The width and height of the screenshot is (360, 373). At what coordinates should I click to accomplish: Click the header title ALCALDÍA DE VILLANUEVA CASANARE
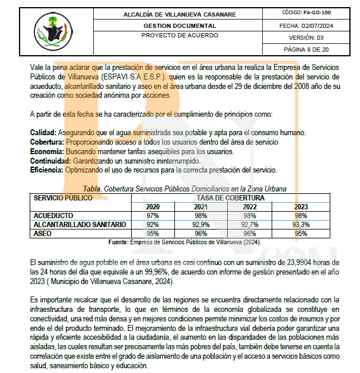[180, 14]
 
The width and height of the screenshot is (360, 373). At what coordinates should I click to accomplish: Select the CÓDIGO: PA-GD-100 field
[306, 12]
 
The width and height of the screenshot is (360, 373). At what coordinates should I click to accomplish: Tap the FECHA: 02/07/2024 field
[306, 25]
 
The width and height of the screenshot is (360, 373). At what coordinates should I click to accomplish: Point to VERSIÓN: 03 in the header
[306, 37]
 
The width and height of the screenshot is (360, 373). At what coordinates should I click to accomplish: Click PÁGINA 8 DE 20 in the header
[306, 49]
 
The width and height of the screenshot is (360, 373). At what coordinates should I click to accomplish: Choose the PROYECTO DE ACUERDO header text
[180, 36]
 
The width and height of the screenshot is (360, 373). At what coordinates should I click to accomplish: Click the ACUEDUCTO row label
[54, 215]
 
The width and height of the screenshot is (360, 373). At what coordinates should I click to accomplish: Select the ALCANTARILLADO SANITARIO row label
[80, 225]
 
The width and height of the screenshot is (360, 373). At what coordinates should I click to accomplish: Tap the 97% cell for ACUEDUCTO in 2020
[152, 215]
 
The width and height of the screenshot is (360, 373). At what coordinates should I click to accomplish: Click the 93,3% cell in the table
[301, 225]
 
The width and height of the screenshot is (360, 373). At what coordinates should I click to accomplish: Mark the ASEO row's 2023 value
[301, 234]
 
